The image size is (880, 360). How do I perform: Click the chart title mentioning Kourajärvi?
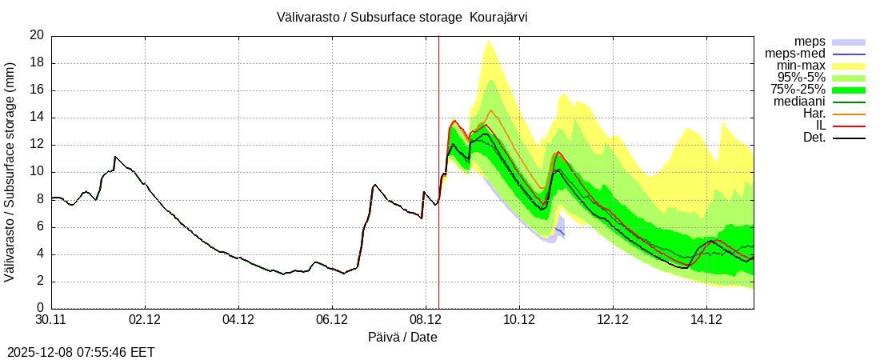402,17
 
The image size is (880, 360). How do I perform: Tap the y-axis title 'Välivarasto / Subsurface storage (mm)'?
10,172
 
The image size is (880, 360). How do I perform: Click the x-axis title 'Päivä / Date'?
402,338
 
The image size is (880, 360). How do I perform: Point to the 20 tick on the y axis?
37,35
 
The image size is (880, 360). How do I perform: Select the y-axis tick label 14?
37,118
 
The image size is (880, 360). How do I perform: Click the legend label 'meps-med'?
795,54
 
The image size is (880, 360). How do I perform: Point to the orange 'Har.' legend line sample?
849,114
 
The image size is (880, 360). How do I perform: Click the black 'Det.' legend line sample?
849,138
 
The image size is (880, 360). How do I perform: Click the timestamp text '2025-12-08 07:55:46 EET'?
81,352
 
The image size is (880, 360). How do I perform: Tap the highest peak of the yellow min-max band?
488,39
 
